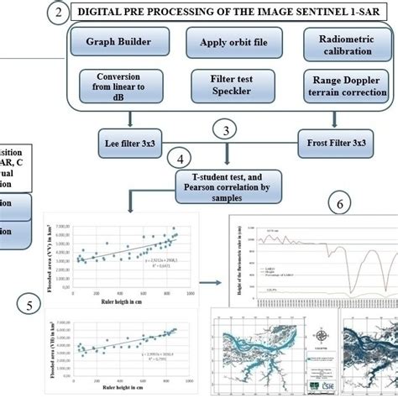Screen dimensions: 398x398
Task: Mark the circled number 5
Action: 30,306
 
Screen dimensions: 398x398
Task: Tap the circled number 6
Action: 338,204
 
